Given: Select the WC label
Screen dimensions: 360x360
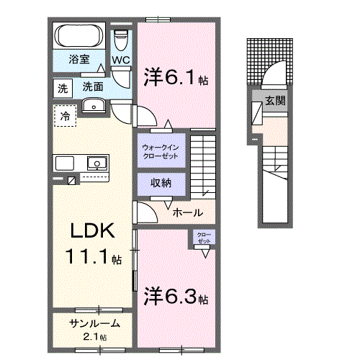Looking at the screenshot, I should pyautogui.click(x=120, y=60).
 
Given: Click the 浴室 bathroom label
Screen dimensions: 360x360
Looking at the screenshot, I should pyautogui.click(x=79, y=59).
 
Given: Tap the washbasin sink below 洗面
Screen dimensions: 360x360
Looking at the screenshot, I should pyautogui.click(x=94, y=107).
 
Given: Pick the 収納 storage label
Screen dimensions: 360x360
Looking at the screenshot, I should pyautogui.click(x=161, y=183).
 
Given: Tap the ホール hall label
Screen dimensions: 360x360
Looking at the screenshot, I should pyautogui.click(x=187, y=213).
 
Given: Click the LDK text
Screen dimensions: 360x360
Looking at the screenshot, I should pyautogui.click(x=91, y=232).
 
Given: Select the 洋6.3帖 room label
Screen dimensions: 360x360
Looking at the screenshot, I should pyautogui.click(x=176, y=296).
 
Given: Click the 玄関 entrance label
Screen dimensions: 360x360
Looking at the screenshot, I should pyautogui.click(x=274, y=100).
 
